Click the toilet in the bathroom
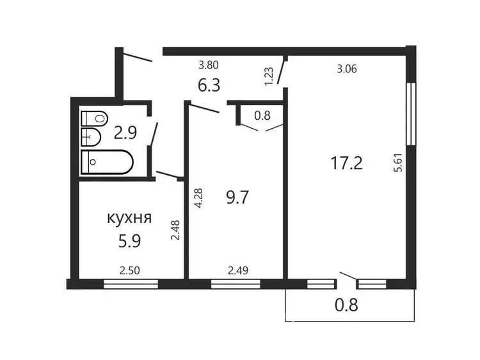point(95,119)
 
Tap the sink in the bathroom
point(91,137)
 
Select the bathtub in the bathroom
point(107,162)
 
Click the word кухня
point(129,218)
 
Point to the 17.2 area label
point(346,163)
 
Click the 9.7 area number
point(237,197)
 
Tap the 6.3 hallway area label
point(209,85)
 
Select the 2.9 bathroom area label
point(125,133)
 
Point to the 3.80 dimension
point(209,65)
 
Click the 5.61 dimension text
point(398,162)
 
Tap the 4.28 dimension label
point(198,198)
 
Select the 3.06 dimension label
point(347,69)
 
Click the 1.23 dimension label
point(268,77)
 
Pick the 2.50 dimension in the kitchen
point(130,270)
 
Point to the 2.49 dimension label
point(238,270)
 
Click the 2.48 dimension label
point(175,230)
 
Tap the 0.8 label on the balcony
point(346,305)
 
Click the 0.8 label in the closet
point(262,115)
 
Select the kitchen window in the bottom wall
point(131,284)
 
